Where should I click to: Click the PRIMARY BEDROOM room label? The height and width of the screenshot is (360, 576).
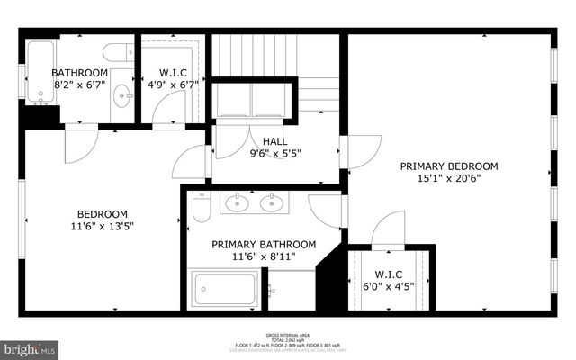click(x=449, y=166)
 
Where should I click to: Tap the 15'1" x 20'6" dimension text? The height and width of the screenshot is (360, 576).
click(x=449, y=179)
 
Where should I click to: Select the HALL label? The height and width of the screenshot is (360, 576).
click(x=275, y=141)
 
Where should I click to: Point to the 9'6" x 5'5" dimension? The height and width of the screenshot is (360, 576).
click(x=275, y=154)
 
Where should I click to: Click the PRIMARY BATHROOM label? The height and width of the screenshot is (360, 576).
click(x=264, y=244)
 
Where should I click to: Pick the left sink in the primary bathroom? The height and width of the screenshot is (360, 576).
click(x=237, y=203)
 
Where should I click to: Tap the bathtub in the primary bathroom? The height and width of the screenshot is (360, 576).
click(x=225, y=291)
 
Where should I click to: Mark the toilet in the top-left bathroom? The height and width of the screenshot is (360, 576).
click(x=118, y=52)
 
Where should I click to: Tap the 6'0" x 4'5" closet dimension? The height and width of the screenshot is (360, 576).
click(x=391, y=286)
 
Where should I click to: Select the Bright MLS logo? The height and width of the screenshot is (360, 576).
click(x=30, y=346)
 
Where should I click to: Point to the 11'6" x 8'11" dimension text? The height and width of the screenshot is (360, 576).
click(x=264, y=257)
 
